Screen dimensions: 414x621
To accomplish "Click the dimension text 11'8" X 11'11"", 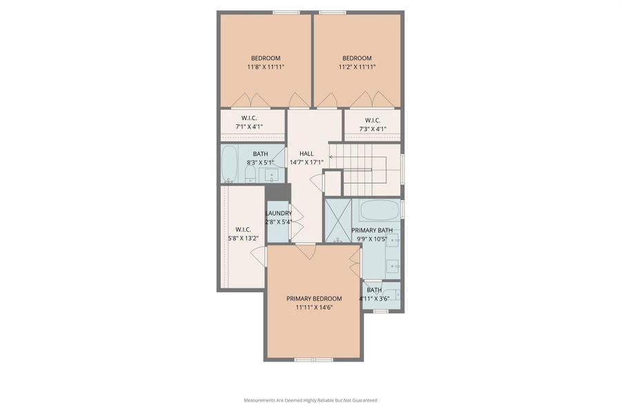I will [266, 68].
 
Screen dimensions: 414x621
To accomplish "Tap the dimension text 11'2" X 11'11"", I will [357, 68].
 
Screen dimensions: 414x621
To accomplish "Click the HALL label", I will [306, 153].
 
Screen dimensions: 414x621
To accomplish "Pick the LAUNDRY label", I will [279, 213].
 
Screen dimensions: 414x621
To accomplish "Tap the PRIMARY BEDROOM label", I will [313, 299].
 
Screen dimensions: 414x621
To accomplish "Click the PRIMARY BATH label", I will [372, 230].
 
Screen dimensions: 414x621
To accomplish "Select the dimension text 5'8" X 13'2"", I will [242, 239].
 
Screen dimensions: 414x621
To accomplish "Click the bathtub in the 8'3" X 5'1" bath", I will [230, 164].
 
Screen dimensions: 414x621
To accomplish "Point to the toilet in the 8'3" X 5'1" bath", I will [250, 174].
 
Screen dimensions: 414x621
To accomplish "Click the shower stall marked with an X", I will [338, 220].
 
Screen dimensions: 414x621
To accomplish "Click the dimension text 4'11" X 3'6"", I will [374, 299].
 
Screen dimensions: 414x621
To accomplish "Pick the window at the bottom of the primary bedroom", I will [314, 359].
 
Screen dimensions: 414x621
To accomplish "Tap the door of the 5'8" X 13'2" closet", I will [259, 257].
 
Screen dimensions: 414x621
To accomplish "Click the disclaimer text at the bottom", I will [310, 400].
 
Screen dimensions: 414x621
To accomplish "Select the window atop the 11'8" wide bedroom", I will [286, 12].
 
